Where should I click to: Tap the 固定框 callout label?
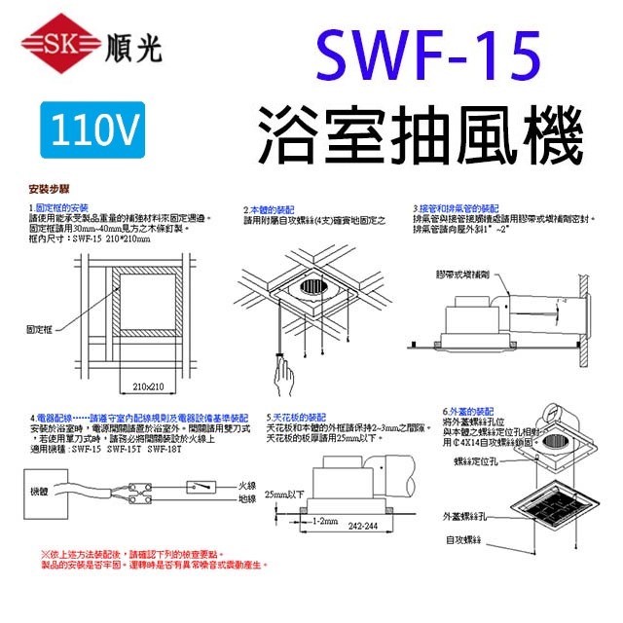(38, 330)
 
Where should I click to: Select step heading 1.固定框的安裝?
(59, 208)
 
